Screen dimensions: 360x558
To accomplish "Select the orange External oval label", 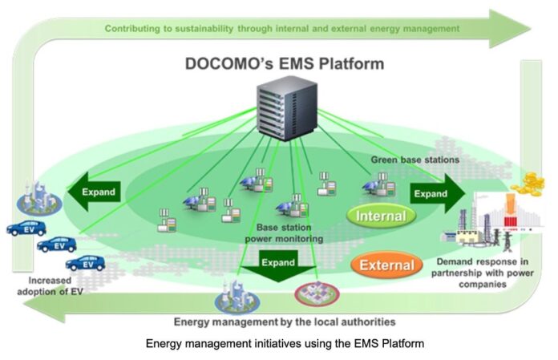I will (x=386, y=264).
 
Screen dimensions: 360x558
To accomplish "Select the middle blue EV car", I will (x=57, y=245).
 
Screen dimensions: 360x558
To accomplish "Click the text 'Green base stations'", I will (x=414, y=160).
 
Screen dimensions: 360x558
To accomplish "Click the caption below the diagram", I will (x=284, y=345).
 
